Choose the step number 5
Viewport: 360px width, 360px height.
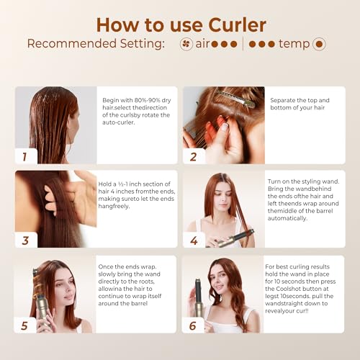[x=24, y=325]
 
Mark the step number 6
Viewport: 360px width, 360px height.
[x=192, y=325]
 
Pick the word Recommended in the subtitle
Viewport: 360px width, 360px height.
[x=69, y=44]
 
